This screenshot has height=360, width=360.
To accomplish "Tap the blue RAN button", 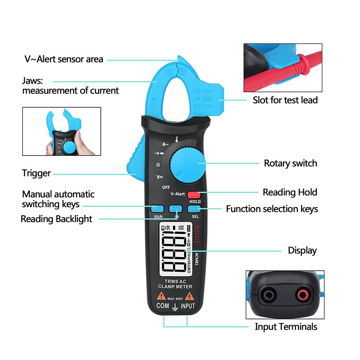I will (158, 208).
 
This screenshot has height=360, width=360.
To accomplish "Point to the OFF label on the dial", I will (166, 187).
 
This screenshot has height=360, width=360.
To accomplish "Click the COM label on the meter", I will (162, 306).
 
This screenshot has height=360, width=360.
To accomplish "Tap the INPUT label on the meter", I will (188, 306).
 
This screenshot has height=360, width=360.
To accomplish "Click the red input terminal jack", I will (302, 296).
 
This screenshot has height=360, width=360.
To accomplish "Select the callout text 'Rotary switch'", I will (291, 163).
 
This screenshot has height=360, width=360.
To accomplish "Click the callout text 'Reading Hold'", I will (290, 192).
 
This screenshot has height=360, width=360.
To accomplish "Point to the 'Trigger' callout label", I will (36, 173).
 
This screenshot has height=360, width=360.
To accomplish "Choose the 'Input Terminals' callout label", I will (286, 327).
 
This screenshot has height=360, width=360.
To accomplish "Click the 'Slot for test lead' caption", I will (285, 100).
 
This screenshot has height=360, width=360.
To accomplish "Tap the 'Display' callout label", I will (302, 251).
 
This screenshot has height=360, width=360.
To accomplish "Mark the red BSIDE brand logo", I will (197, 235).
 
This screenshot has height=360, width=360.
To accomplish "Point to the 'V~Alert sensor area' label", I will (64, 59).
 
